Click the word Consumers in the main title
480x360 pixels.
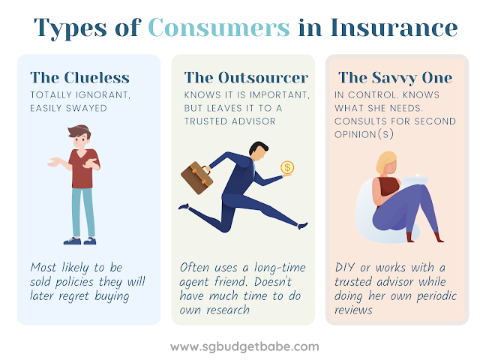click(219, 28)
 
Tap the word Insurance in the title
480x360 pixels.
click(394, 28)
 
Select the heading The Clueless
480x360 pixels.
click(80, 78)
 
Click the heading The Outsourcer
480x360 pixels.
click(246, 78)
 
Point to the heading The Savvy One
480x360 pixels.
click(395, 78)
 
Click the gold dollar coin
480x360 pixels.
click(287, 167)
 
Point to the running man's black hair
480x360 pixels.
click(258, 148)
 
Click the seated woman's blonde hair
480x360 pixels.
click(385, 162)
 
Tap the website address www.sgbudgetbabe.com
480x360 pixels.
click(244, 347)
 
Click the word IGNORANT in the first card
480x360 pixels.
click(103, 95)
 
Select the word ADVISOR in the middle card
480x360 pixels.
click(253, 121)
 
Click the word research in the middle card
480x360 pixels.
click(228, 310)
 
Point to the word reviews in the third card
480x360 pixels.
click(353, 310)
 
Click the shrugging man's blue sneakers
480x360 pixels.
click(80, 241)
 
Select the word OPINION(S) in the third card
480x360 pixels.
click(364, 134)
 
